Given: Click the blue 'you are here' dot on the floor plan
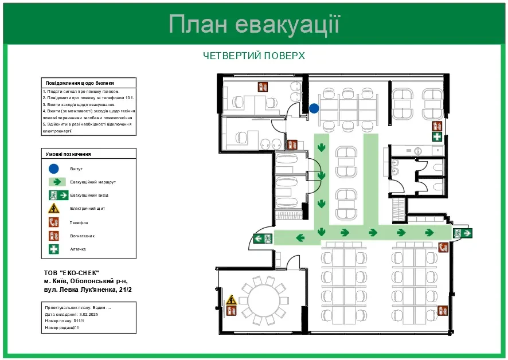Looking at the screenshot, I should (x=314, y=108).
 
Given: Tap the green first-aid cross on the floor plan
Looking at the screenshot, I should (x=437, y=136).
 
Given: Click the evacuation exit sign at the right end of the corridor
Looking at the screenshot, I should (x=462, y=233).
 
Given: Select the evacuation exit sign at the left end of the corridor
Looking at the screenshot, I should (x=263, y=238).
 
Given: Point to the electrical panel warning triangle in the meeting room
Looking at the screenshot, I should (x=231, y=300).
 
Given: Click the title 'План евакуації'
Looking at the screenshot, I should (x=254, y=25).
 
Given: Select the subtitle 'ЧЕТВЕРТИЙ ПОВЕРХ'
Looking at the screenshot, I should (x=254, y=56).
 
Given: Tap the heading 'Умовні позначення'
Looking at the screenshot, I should (x=68, y=154).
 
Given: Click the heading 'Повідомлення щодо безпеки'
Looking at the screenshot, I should (x=80, y=83).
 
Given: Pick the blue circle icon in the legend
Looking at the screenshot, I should (x=53, y=169).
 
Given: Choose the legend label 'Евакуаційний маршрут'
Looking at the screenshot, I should (x=93, y=182).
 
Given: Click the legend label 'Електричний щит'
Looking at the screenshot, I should (x=88, y=209).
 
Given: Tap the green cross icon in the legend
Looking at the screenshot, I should (x=53, y=249).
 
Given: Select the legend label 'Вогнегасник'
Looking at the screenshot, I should (x=83, y=236).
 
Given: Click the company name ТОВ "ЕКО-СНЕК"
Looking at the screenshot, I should (x=72, y=273).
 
